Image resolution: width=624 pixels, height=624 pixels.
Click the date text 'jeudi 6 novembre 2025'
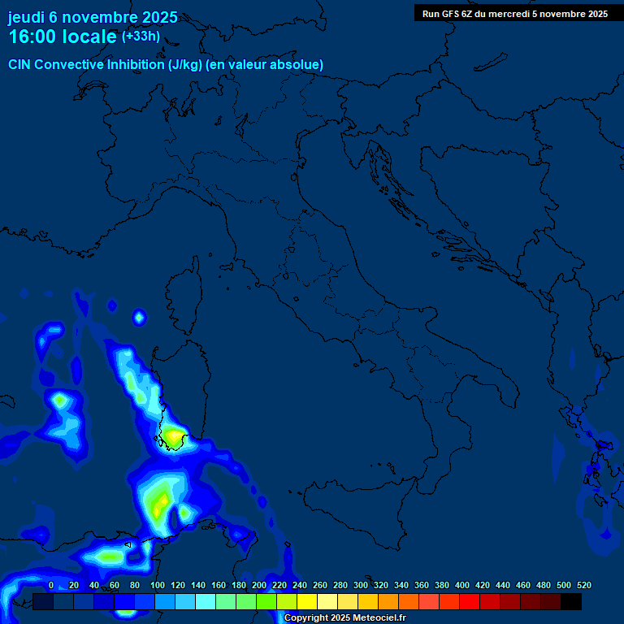pos(93,17)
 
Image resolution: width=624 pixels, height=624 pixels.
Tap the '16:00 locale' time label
pos(63,37)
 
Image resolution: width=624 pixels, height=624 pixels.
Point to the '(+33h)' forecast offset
pos(141,37)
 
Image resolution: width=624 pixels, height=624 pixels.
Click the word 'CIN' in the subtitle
pos(20,64)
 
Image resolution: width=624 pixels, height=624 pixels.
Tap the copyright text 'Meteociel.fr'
pos(373,618)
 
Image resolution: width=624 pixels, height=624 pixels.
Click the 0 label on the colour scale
pos(51,585)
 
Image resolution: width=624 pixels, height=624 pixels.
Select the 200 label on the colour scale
pos(259,585)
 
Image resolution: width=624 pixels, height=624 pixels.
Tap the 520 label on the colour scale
pos(583,585)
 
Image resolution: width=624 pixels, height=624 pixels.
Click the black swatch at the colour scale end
pos(571,601)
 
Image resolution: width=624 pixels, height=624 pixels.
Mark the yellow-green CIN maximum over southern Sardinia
pos(174,438)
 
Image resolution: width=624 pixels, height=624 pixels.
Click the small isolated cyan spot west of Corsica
pos(139,316)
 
